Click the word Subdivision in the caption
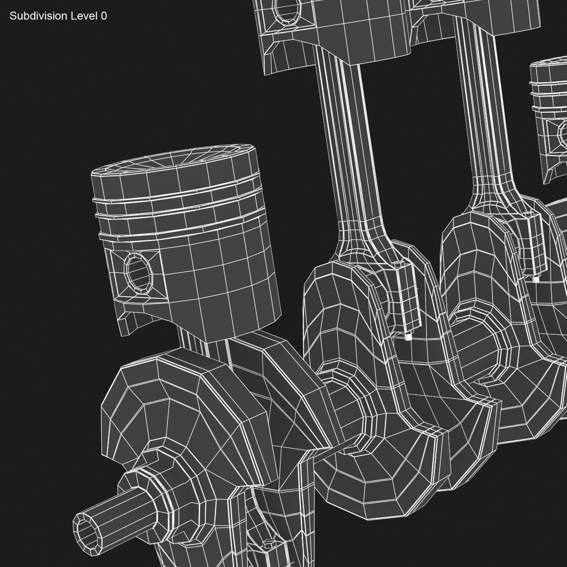point(38,16)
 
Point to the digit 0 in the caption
point(104,16)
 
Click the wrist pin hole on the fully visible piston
point(138,272)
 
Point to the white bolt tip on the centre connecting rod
point(408,339)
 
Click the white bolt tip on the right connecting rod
point(535,279)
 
